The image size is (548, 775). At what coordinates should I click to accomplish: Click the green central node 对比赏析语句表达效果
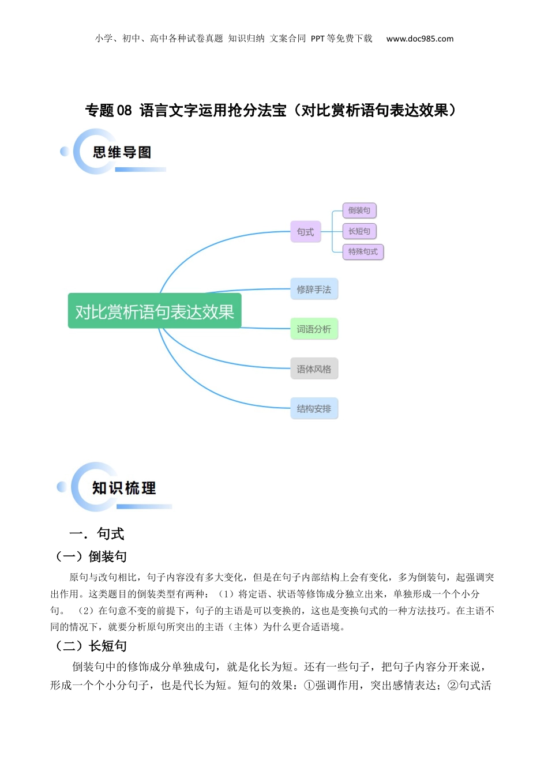pos(155,311)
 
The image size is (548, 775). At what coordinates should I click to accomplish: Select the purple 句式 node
pos(305,232)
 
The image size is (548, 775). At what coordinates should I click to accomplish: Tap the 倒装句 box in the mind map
pos(359,210)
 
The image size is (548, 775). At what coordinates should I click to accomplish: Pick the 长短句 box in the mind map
pos(359,231)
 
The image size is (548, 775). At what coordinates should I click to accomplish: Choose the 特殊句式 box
pos(363,251)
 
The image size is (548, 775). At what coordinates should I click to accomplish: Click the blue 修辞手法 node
pos(314,289)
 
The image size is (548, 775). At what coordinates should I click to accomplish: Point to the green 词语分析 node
pos(314,329)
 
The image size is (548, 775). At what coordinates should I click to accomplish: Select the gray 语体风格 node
pos(314,369)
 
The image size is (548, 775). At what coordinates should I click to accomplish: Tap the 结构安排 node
pos(314,409)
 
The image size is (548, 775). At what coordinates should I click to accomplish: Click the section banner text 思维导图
pos(122,152)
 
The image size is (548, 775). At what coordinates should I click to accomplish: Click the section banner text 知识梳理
pos(124,488)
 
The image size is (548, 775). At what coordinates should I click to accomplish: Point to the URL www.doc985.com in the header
pos(419,39)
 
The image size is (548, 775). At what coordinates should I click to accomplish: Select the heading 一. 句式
pos(97,534)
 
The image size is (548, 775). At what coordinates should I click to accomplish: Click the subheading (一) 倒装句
pos(90,556)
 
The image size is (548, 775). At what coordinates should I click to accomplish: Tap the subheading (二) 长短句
pos(90,646)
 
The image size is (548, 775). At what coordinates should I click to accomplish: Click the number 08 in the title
pos(124,111)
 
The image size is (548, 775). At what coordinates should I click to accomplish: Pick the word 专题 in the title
pos(99,111)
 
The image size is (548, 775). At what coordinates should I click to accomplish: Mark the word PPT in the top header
pos(317,39)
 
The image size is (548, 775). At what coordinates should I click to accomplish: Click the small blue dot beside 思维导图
pos(65,151)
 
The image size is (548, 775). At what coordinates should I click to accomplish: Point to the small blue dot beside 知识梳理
pos(61,487)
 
